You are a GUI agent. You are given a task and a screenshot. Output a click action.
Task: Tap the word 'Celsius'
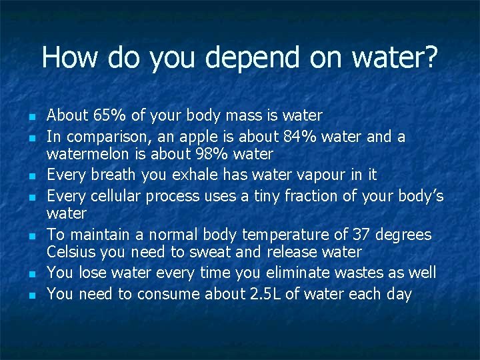point(69,252)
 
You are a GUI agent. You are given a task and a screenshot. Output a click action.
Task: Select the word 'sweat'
point(211,252)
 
